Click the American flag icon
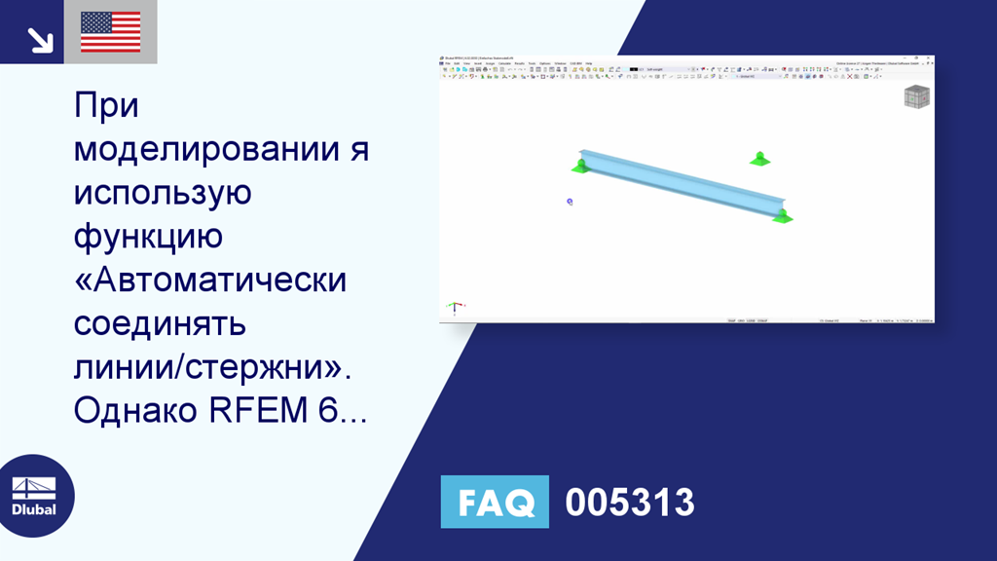point(110,32)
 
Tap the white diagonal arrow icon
point(39,39)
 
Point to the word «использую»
point(163,193)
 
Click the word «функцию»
point(149,237)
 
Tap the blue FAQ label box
point(495,502)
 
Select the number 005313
point(630,503)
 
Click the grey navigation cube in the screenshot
point(916,96)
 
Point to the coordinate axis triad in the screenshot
point(455,308)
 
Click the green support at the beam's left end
point(581,166)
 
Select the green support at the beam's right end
point(782,216)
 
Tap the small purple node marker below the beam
point(570,202)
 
